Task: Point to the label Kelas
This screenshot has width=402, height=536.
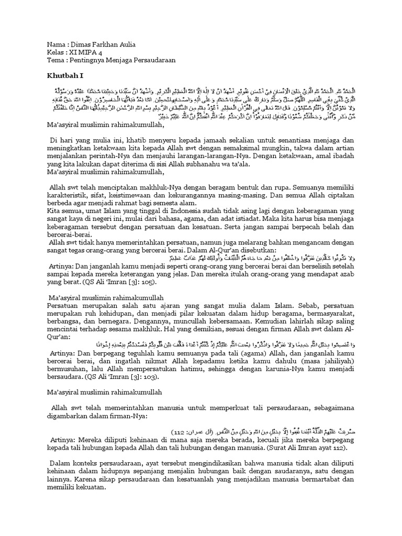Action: click(56, 52)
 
